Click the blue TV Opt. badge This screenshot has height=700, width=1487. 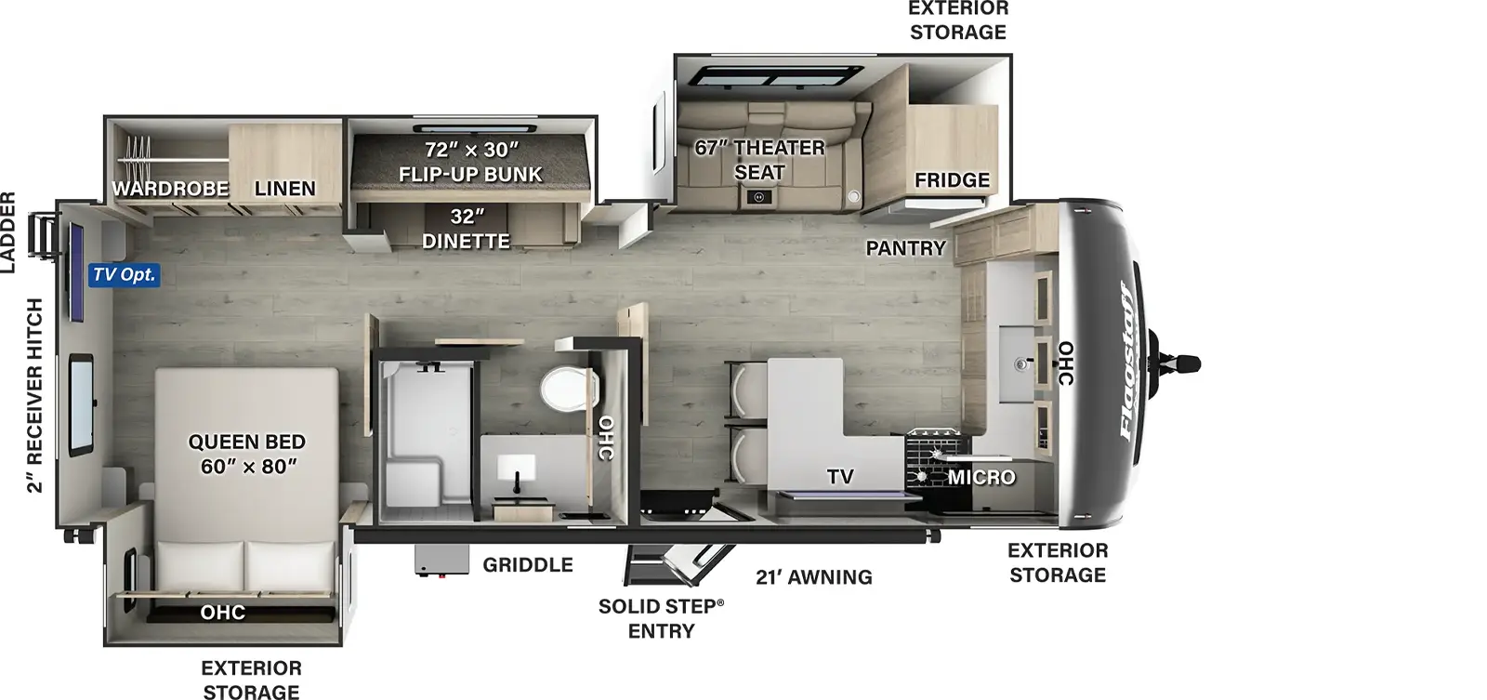tap(125, 274)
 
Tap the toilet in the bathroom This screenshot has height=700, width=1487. tap(570, 389)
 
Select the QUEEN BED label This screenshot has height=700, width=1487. tap(247, 442)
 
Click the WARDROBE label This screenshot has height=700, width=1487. tap(171, 189)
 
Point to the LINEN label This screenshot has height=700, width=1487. tap(284, 189)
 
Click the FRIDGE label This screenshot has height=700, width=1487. tap(952, 180)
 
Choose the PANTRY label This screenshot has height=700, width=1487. tap(905, 248)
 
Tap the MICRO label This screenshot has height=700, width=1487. tap(981, 478)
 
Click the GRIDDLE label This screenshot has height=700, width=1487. tap(528, 565)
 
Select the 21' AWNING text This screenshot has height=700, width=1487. tap(814, 577)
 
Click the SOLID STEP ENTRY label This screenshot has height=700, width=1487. tap(661, 618)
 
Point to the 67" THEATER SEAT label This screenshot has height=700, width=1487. tap(759, 160)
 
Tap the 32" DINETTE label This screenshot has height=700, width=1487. tap(466, 229)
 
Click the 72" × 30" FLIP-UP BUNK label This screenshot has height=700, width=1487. tap(470, 162)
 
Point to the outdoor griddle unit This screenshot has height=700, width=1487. tap(441, 561)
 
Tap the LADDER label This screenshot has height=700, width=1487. tap(8, 232)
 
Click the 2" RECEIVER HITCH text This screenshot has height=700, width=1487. tap(34, 396)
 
